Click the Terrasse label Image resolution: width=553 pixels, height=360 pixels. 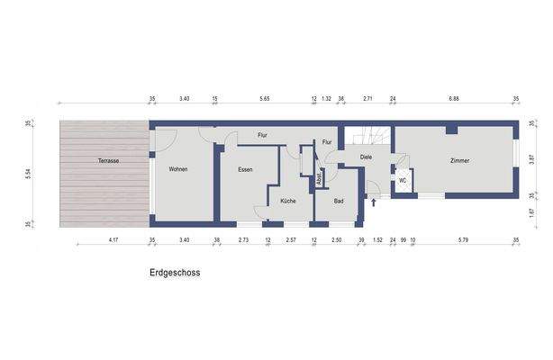(x=108, y=161)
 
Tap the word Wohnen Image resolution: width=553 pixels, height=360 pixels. (x=177, y=169)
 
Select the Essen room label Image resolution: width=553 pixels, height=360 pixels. (x=245, y=169)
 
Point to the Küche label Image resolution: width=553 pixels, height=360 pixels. (x=287, y=201)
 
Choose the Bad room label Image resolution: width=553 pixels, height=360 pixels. (x=339, y=201)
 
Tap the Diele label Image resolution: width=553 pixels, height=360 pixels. (x=366, y=157)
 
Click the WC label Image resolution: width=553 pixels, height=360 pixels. (x=403, y=180)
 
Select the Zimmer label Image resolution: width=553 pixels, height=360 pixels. (x=460, y=161)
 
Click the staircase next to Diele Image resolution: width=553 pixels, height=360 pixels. (x=370, y=137)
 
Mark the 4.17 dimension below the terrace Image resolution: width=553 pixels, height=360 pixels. (x=113, y=241)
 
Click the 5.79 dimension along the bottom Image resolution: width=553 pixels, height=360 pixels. (x=463, y=241)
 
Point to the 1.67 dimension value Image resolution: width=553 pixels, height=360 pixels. (x=531, y=212)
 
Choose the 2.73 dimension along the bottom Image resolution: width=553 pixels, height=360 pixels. (x=243, y=241)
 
